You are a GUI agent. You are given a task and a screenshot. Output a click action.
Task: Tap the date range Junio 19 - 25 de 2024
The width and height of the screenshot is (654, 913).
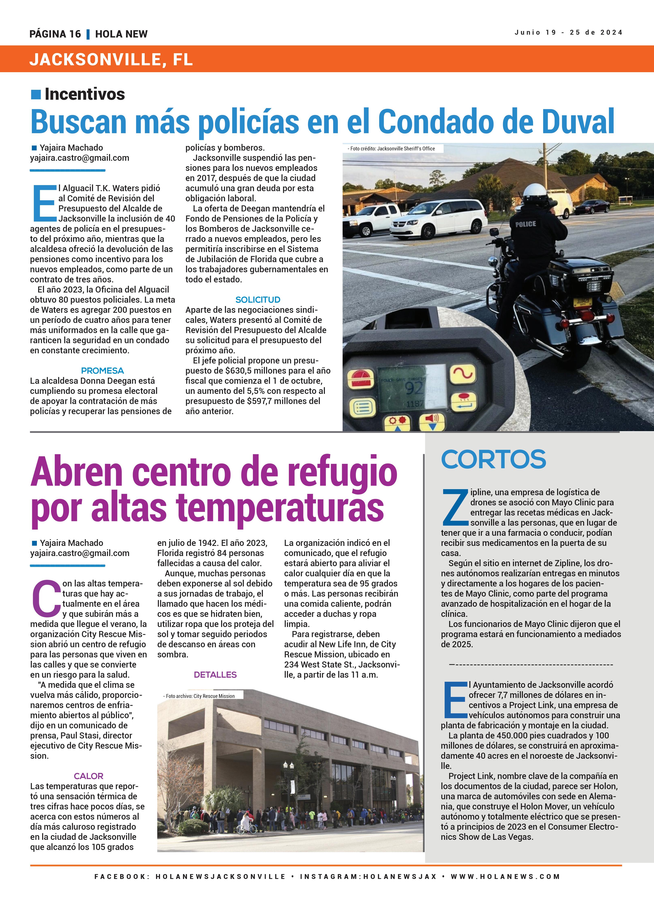(568, 33)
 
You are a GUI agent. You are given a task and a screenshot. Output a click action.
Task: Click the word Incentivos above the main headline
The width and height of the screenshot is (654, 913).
(85, 94)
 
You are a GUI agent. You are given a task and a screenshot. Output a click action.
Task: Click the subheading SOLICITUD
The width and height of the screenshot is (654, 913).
(258, 300)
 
